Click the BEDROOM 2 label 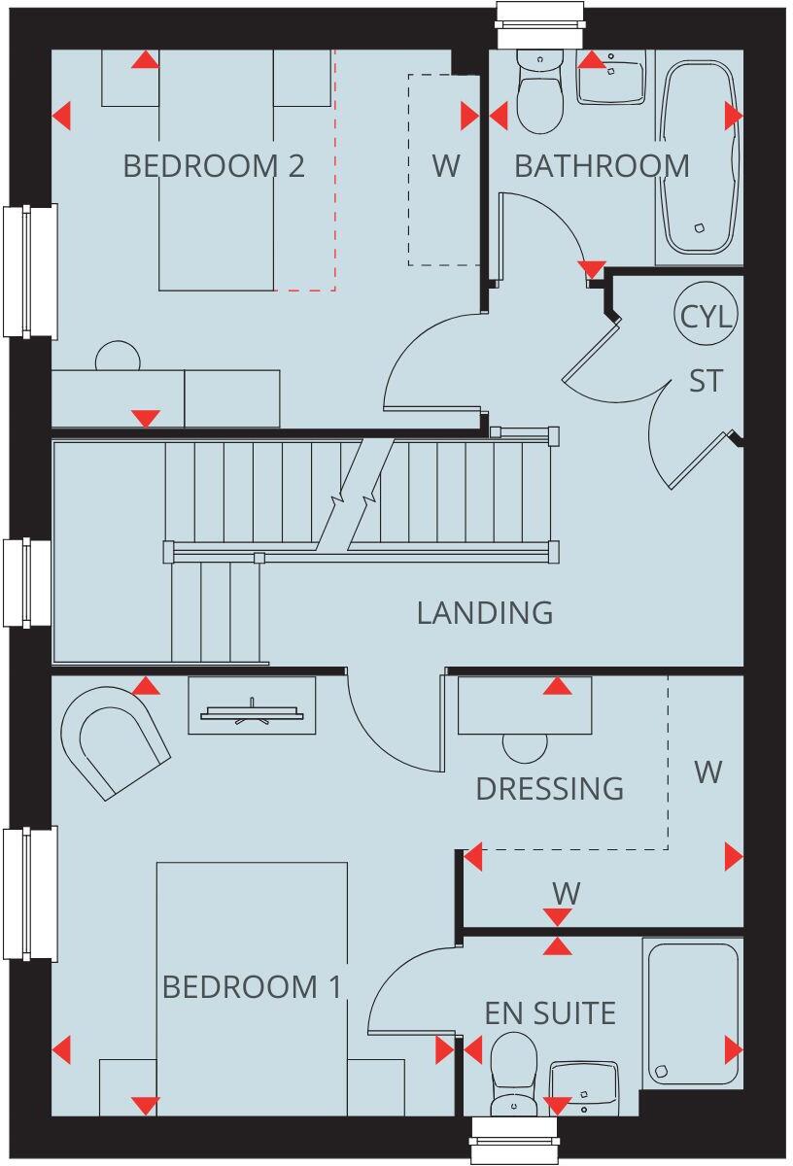[214, 166]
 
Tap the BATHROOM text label [602, 166]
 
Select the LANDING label [485, 613]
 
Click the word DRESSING [549, 788]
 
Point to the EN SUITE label [550, 1013]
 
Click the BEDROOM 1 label [252, 988]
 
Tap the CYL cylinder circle [707, 316]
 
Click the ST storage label [707, 381]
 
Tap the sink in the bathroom [611, 78]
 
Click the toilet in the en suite [514, 1074]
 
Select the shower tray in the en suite [692, 1012]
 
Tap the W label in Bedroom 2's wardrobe [446, 166]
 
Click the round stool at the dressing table [526, 746]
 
